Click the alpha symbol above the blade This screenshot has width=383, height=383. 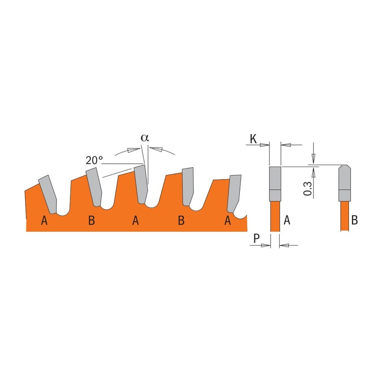pyautogui.click(x=145, y=137)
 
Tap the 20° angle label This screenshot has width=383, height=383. pyautogui.click(x=94, y=160)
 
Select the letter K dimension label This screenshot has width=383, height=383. pyautogui.click(x=254, y=139)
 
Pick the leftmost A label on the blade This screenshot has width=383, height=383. pyautogui.click(x=44, y=220)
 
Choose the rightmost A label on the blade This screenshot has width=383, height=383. pyautogui.click(x=228, y=220)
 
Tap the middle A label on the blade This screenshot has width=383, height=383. pyautogui.click(x=135, y=220)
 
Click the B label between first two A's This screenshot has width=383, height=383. pyautogui.click(x=91, y=220)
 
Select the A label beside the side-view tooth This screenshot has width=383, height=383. pyautogui.click(x=287, y=220)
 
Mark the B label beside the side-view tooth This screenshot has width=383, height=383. pyautogui.click(x=355, y=220)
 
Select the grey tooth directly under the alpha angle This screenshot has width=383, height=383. pyautogui.click(x=140, y=184)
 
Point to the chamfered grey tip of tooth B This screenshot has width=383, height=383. pyautogui.click(x=344, y=182)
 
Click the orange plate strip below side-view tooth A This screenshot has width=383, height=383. pyautogui.click(x=275, y=216)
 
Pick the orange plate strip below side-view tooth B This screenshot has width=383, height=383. pyautogui.click(x=344, y=216)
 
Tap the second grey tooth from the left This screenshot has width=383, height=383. pyautogui.click(x=94, y=187)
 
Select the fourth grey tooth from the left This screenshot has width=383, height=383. pyautogui.click(x=187, y=186)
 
